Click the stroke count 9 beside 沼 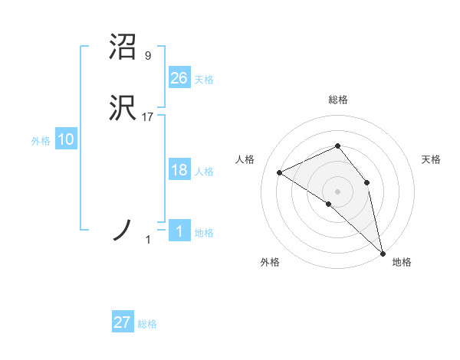click(x=147, y=56)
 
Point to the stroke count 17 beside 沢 click(x=148, y=117)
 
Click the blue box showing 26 click(x=179, y=77)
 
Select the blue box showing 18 click(x=179, y=170)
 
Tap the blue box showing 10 click(x=66, y=139)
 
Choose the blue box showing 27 click(x=123, y=322)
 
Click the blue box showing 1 click(x=179, y=231)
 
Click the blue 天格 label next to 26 click(x=204, y=80)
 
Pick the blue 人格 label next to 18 click(x=204, y=172)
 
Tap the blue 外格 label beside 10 click(x=41, y=141)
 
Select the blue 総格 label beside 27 click(x=147, y=324)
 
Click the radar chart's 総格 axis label click(x=337, y=100)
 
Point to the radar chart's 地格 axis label click(x=402, y=263)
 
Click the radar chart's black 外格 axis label click(x=270, y=263)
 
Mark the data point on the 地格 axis click(x=383, y=252)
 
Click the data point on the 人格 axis click(x=280, y=172)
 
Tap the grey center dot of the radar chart click(x=337, y=191)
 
